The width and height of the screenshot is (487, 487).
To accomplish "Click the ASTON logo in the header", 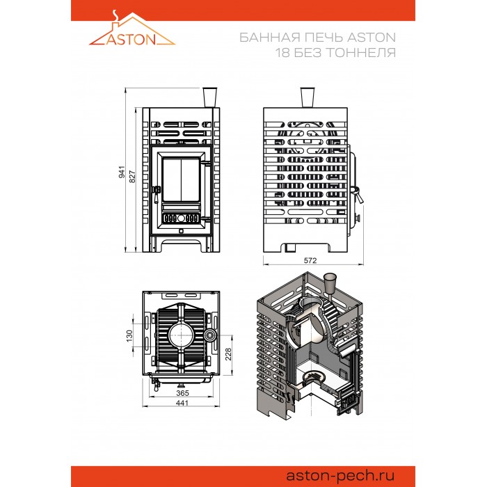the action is pos(132,29).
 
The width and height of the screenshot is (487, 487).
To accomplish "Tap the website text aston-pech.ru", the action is pos(340,475).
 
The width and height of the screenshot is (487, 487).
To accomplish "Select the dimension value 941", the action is pos(122,172).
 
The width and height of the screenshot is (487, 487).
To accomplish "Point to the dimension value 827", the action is pos(132,177).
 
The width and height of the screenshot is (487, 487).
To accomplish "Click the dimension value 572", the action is pos(310,260).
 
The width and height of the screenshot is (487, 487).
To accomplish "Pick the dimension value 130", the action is pos(129,336).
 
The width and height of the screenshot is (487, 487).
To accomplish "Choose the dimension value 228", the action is pos(228,354).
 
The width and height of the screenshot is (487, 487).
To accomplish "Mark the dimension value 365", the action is pos(182,393).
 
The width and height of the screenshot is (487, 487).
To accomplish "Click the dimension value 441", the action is pos(182,403).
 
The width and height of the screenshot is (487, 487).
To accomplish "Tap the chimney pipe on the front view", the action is pos(209,97).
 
